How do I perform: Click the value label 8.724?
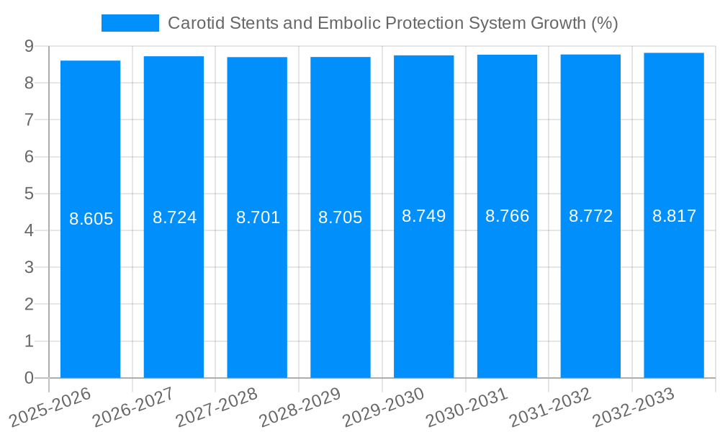(174, 217)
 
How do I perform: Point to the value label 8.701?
(258, 217)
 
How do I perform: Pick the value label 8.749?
(423, 216)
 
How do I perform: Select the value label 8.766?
(507, 216)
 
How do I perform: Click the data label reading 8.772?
(590, 216)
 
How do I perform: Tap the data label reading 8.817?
(674, 216)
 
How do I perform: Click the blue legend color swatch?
(130, 23)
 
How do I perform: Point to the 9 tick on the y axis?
(29, 46)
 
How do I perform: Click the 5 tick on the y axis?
(29, 194)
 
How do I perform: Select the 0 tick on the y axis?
(29, 378)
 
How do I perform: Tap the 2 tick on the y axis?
(29, 305)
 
